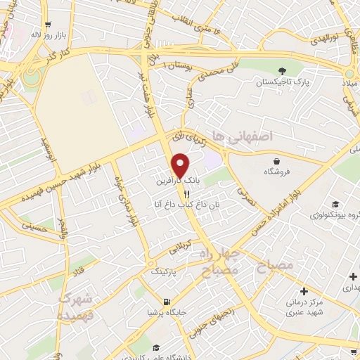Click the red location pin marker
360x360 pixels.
181,165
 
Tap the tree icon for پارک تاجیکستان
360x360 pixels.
282,70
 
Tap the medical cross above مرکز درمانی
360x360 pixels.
304,290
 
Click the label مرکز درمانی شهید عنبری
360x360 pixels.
304,307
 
